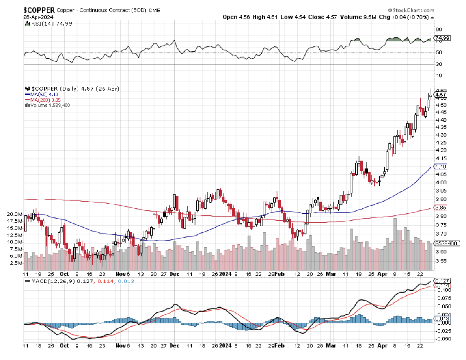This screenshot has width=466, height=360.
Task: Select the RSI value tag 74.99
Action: (x=442, y=38)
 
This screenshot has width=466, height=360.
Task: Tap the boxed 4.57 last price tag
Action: (x=441, y=95)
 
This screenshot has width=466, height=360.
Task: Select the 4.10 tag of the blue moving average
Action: (x=441, y=167)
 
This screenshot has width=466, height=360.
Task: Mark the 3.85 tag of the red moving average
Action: (x=441, y=208)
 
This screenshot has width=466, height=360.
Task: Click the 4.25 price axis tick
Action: (x=441, y=142)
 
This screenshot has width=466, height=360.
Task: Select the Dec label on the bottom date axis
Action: (x=174, y=345)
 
